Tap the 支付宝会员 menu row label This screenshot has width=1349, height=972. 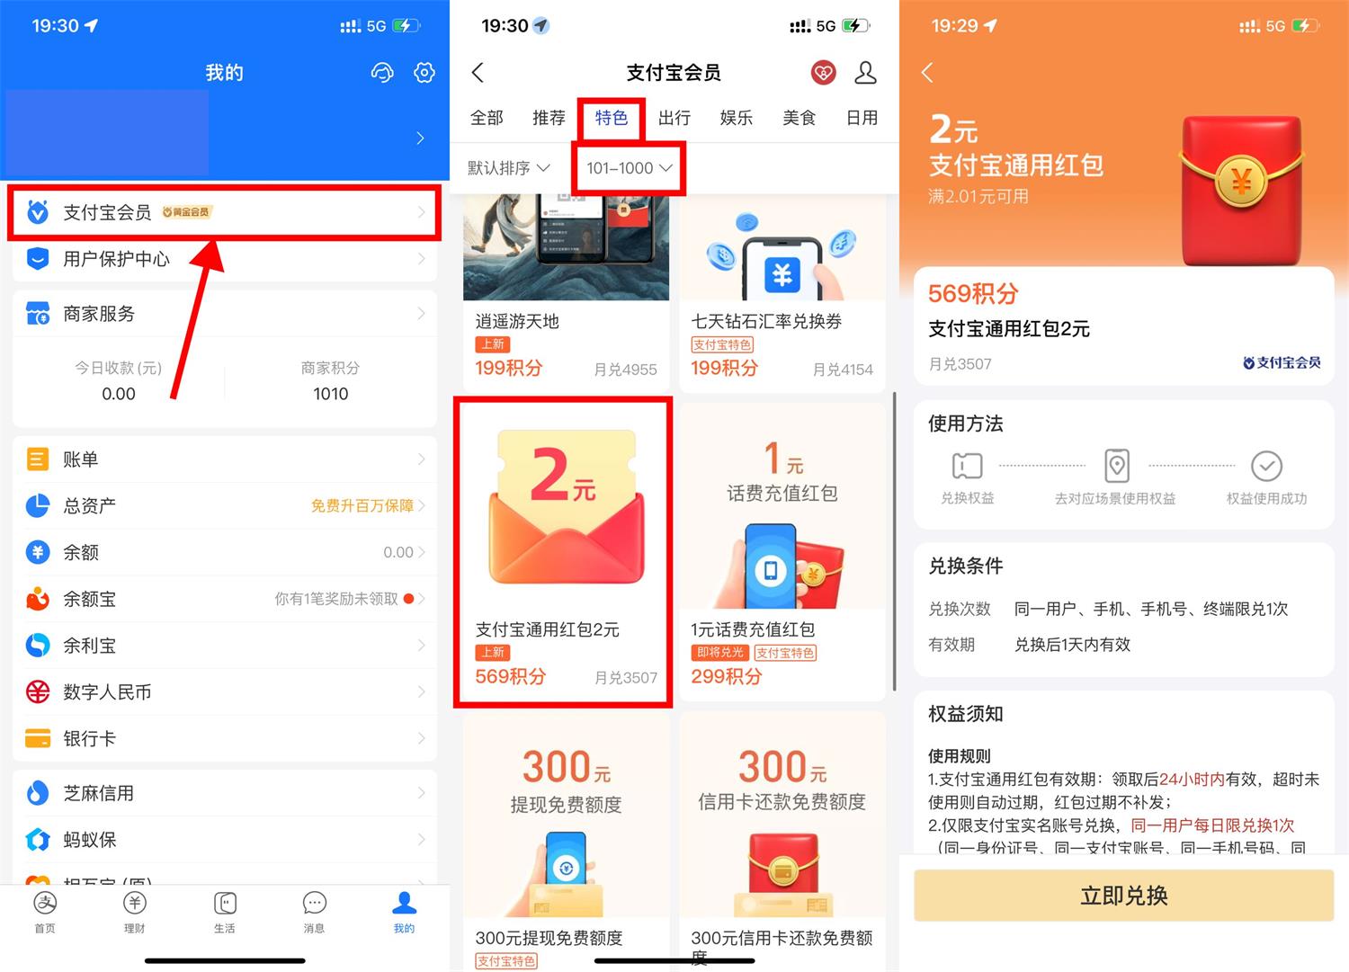point(106,212)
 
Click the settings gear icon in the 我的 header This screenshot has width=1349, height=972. point(424,73)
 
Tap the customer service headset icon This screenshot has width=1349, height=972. point(382,73)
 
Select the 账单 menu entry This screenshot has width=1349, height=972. point(80,459)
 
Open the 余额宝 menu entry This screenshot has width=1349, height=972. point(89,599)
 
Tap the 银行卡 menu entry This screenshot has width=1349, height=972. point(89,738)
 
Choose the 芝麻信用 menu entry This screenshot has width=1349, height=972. point(98,793)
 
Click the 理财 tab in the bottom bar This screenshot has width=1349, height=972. point(134,912)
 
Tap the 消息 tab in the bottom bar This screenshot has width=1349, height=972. point(314,912)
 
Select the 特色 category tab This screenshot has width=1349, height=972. point(612,118)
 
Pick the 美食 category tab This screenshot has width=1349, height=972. point(799,118)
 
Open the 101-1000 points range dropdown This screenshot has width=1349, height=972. point(629,168)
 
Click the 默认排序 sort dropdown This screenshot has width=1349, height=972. point(508,168)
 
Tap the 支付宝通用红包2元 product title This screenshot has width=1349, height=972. point(547,629)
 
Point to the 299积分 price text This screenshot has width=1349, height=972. point(726,676)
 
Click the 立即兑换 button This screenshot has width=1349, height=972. point(1123,896)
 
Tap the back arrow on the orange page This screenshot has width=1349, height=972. point(927,73)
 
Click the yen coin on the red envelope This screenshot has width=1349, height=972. point(1241,183)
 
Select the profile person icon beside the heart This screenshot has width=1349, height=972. point(865,73)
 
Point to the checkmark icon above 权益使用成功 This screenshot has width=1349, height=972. point(1266,466)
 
